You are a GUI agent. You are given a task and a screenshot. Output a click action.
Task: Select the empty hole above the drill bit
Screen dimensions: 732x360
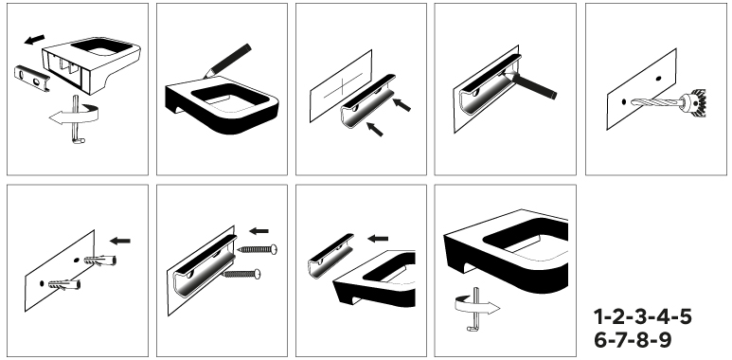[659, 79]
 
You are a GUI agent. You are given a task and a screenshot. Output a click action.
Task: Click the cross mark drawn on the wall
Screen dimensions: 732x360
[344, 85]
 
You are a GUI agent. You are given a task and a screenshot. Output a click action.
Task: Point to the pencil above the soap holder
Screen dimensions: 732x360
[227, 61]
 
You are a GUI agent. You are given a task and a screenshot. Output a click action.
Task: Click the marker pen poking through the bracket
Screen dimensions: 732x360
[529, 84]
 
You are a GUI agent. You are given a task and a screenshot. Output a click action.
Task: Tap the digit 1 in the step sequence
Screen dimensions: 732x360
[598, 317]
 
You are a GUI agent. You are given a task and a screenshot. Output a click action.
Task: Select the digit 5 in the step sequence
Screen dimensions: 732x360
[685, 317]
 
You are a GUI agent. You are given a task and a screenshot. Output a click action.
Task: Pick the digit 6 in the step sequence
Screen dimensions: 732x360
[600, 339]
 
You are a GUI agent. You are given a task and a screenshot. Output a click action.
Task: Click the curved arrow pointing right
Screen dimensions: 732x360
[476, 305]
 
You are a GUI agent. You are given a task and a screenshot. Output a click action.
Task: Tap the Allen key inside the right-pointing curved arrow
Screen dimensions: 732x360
[475, 309]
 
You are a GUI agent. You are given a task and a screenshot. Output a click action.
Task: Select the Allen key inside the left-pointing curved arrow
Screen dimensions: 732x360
[77, 119]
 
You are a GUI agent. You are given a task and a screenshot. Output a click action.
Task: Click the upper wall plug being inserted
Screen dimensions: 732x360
[100, 260]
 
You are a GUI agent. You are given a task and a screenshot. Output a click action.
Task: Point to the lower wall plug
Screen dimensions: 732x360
[64, 284]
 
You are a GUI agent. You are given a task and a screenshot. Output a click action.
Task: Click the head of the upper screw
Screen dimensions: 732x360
[274, 249]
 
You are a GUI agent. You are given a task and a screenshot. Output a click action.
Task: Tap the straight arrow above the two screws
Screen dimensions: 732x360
[259, 230]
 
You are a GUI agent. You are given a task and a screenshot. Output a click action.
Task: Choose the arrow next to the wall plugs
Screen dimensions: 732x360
[120, 241]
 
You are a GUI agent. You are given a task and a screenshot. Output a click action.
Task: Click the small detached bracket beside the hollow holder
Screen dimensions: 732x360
[32, 78]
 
